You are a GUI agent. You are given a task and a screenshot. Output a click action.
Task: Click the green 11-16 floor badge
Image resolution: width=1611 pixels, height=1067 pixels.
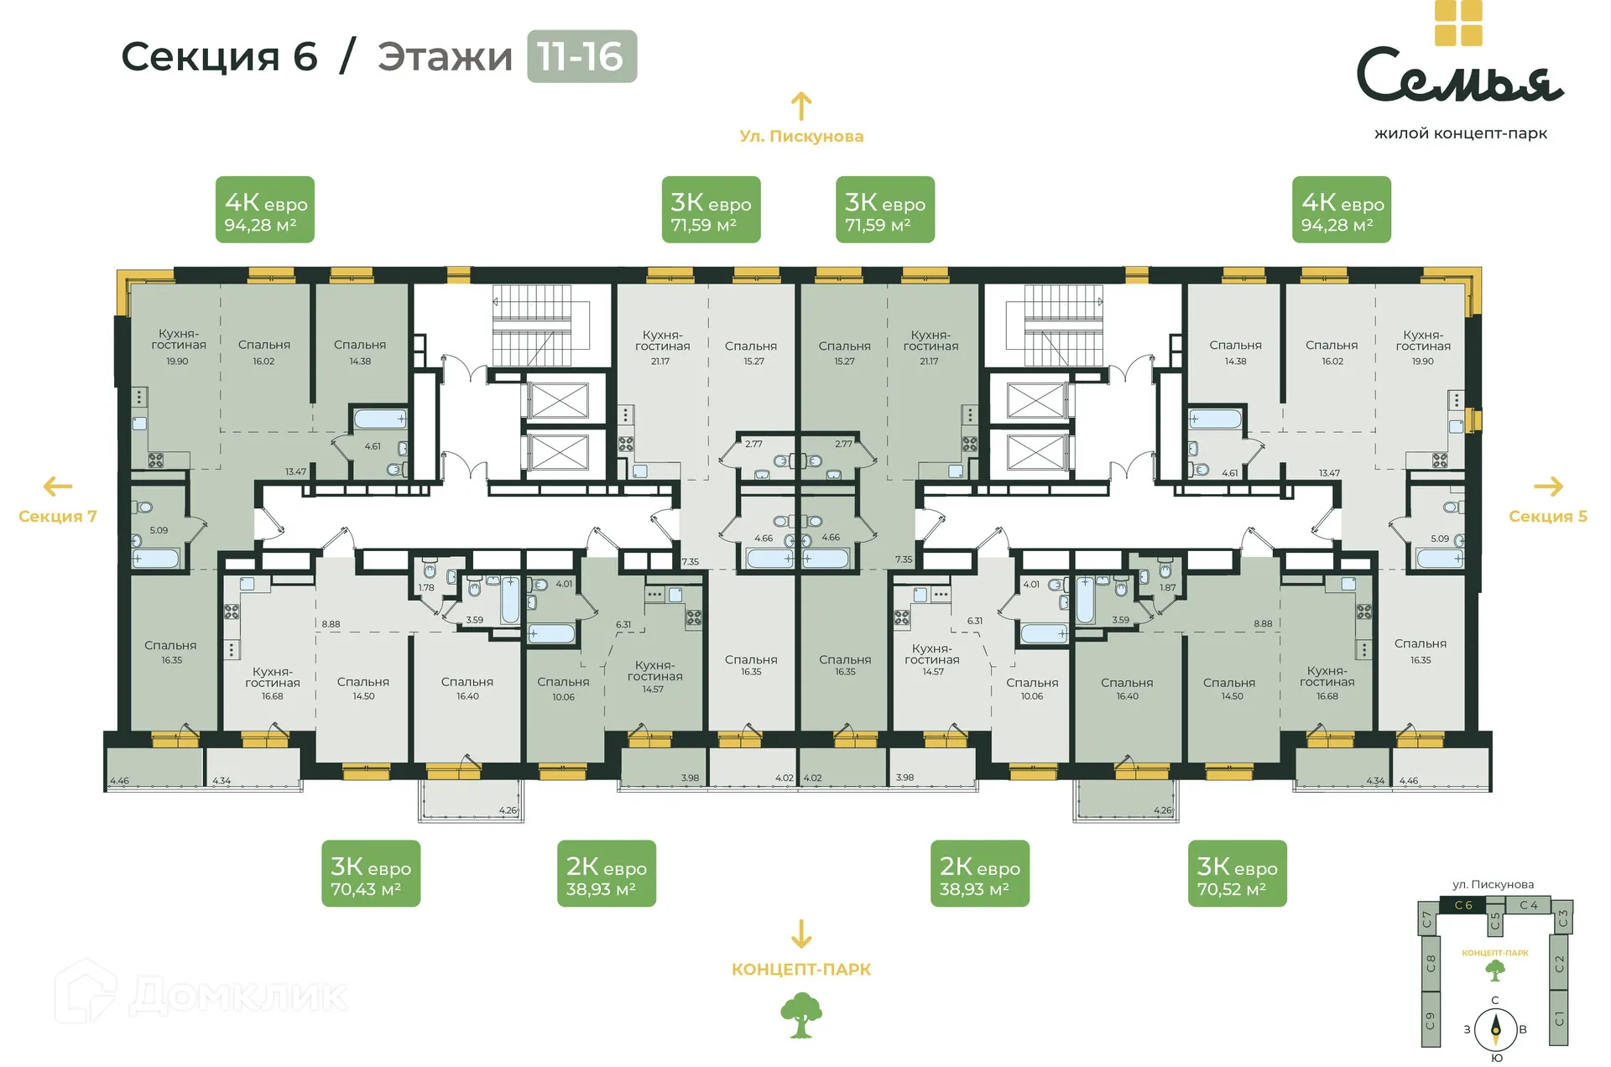click(x=581, y=56)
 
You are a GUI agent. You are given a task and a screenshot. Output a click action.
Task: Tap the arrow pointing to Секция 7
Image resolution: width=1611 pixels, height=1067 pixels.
click(x=58, y=486)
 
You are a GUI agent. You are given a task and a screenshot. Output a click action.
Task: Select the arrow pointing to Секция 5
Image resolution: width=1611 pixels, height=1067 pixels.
click(x=1548, y=486)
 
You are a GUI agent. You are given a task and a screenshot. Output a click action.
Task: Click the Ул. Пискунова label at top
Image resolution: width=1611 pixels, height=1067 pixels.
click(x=800, y=136)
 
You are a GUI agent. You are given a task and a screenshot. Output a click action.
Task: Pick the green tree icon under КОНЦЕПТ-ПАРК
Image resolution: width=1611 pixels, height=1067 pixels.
click(x=800, y=1015)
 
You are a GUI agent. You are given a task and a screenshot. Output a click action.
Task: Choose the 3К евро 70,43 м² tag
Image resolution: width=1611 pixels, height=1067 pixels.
click(x=370, y=873)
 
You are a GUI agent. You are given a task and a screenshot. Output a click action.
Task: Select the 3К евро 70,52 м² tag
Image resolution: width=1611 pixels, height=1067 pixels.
click(x=1236, y=873)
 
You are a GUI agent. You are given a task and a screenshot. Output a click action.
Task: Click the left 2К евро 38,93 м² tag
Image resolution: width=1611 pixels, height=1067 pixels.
click(x=606, y=873)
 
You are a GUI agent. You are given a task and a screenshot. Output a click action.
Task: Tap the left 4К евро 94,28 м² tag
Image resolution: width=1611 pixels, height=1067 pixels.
click(x=264, y=210)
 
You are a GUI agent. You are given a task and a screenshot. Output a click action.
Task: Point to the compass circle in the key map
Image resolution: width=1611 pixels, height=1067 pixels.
click(x=1495, y=1028)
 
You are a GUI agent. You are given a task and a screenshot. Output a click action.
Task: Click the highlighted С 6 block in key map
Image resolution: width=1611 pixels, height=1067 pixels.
click(x=1462, y=905)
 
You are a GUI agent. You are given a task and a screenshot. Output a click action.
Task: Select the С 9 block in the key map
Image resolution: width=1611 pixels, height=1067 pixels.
click(x=1430, y=1020)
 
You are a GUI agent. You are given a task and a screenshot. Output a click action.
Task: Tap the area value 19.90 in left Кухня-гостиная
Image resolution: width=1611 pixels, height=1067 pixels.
click(x=177, y=362)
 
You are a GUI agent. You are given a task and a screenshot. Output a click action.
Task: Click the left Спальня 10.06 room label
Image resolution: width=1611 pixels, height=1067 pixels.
click(x=563, y=688)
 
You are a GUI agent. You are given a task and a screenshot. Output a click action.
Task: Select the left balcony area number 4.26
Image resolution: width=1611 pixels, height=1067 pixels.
click(x=508, y=810)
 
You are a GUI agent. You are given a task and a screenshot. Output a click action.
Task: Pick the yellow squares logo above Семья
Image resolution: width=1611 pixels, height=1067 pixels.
click(x=1458, y=22)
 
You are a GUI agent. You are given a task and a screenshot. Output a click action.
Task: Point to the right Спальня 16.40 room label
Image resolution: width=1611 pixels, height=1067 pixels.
click(x=1127, y=689)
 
